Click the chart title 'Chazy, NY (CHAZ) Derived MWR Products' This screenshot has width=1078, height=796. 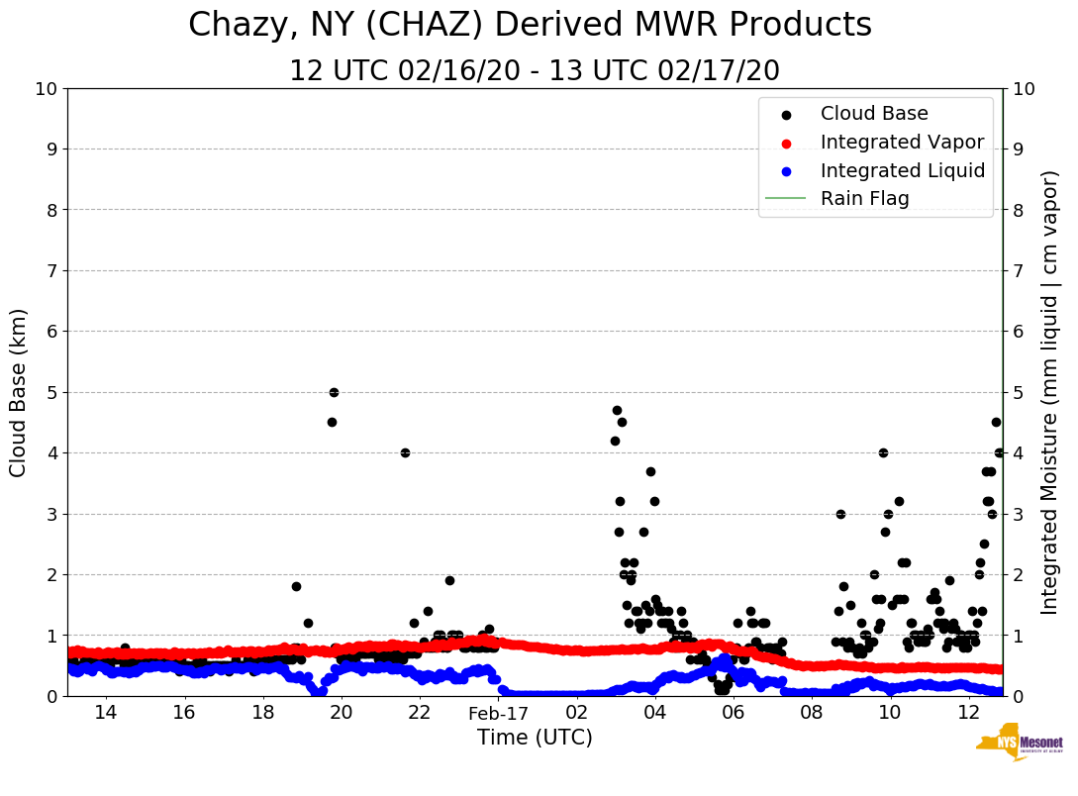tap(530, 25)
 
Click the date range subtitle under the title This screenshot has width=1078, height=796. tap(535, 71)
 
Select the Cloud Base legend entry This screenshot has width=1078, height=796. tap(874, 114)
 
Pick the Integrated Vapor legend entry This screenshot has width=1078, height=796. tap(902, 143)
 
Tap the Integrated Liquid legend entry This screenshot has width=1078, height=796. tap(903, 170)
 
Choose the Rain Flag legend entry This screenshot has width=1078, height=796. tap(864, 198)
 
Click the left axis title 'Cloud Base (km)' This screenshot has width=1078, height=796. tap(19, 392)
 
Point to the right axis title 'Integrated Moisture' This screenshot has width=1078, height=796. tap(1050, 392)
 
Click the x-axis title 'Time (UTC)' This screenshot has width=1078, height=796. tap(535, 738)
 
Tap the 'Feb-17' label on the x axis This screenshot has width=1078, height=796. tap(499, 713)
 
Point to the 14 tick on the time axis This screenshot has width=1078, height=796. tap(106, 713)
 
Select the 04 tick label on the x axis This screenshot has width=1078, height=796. tap(654, 713)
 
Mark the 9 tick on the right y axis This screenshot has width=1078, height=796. tap(1019, 149)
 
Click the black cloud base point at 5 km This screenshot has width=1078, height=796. tap(334, 392)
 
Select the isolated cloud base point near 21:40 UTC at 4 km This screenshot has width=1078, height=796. tap(405, 452)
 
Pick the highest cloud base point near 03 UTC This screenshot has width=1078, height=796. tap(617, 410)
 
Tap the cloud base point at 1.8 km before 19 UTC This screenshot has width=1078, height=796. tap(296, 586)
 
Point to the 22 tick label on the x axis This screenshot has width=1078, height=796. tap(420, 713)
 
